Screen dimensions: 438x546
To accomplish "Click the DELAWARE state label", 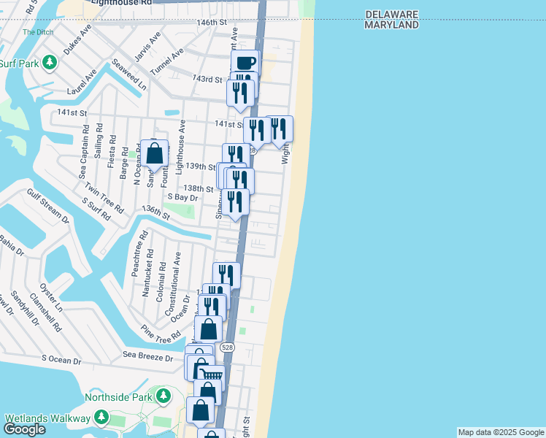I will pos(391,14).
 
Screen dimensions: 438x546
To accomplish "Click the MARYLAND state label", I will pos(392,25).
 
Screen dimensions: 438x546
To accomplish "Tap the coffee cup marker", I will pos(245,62).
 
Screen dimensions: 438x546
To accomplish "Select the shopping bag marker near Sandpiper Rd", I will pos(154,153).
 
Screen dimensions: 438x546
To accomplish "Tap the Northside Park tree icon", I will pos(164,397).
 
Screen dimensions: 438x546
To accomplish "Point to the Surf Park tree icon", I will pos(50,63).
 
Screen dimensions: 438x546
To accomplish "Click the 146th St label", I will pos(212,23).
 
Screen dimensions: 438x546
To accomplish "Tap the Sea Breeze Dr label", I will pos(148,357).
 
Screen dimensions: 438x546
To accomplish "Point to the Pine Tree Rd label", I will pos(161,332).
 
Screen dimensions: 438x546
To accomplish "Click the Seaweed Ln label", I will pos(130,76).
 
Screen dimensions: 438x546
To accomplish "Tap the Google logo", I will pos(24,429).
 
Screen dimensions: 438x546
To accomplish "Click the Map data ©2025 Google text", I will pos(501,432).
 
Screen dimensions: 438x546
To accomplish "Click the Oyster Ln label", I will pos(51,297).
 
